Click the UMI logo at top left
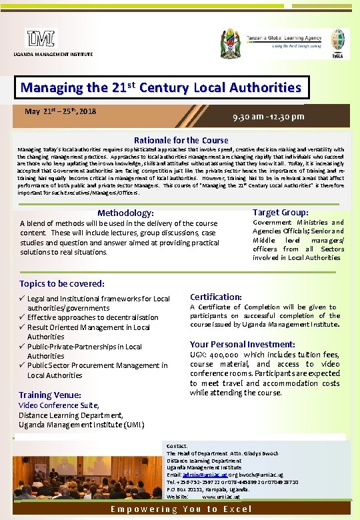pyautogui.click(x=41, y=39)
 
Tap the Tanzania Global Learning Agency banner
pyautogui.click(x=287, y=40)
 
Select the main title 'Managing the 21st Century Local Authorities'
pyautogui.click(x=161, y=87)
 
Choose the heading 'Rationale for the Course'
pyautogui.click(x=181, y=140)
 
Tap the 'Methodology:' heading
pyautogui.click(x=125, y=213)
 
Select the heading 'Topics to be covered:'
pyautogui.click(x=62, y=283)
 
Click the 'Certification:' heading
pyautogui.click(x=216, y=297)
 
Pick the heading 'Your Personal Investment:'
pyautogui.click(x=242, y=345)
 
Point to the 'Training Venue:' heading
pyautogui.click(x=50, y=395)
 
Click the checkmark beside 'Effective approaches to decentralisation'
pyautogui.click(x=22, y=317)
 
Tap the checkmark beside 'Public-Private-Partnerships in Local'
pyautogui.click(x=22, y=347)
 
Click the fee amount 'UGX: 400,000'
pyautogui.click(x=215, y=355)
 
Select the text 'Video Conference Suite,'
pyautogui.click(x=59, y=405)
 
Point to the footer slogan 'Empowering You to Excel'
pyautogui.click(x=181, y=509)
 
